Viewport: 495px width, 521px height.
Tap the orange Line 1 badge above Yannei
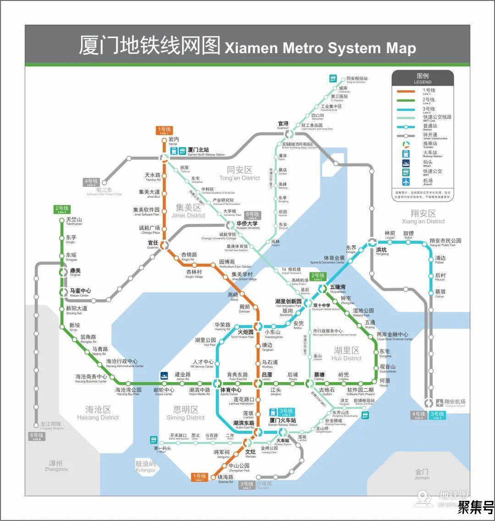point(165,131)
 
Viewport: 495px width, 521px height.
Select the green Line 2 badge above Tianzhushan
point(62,210)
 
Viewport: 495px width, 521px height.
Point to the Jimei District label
point(188,211)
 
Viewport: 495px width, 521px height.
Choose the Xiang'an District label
point(423,216)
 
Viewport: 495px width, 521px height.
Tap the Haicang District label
point(98,412)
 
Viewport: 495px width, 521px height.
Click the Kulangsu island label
point(146,466)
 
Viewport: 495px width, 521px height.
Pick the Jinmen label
point(422,474)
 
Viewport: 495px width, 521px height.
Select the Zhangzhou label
point(56,466)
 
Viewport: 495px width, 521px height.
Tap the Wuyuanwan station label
point(338,288)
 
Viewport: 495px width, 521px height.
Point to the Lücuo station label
point(267,376)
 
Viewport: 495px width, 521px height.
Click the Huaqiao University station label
point(248,225)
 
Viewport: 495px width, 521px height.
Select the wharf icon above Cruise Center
point(164,376)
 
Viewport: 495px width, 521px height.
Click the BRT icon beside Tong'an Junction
point(333,79)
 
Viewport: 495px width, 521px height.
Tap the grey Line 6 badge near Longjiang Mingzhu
point(37,436)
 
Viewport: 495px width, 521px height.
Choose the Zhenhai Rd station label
point(225,478)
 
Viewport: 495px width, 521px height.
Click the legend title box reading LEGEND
point(423,78)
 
